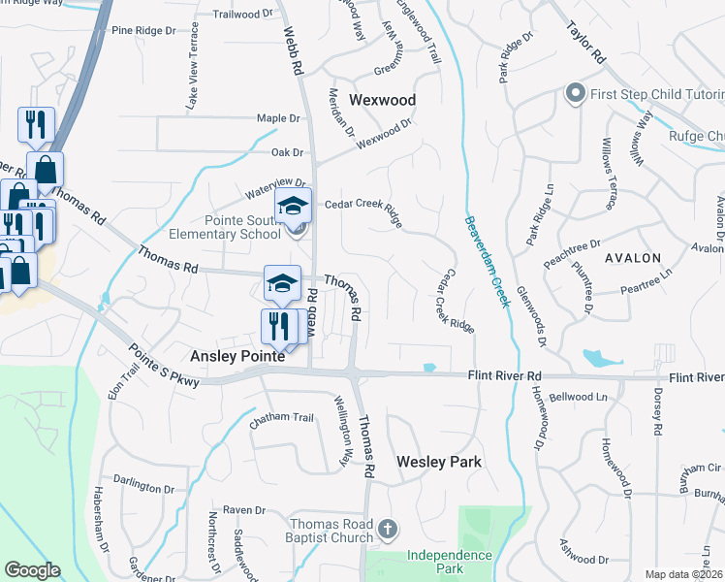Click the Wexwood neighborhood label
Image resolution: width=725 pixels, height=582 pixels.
[382, 100]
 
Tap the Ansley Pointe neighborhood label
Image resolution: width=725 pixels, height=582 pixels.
[236, 356]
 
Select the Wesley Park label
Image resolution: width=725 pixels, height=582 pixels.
[439, 462]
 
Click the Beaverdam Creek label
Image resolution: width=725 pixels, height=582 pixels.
[486, 260]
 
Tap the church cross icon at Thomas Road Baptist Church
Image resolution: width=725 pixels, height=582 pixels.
[388, 529]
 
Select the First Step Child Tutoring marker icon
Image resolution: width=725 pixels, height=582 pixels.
[574, 94]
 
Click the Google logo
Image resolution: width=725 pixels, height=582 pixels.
[32, 570]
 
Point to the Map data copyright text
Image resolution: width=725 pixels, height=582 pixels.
[682, 574]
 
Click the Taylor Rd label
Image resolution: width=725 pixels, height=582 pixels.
[586, 44]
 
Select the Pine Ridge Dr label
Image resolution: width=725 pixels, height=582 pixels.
[143, 31]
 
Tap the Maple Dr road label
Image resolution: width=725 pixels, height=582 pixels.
[278, 118]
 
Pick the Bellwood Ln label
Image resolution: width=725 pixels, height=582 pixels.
[577, 397]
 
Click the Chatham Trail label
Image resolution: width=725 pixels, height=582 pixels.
[282, 418]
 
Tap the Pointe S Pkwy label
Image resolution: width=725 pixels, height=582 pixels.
[163, 367]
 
